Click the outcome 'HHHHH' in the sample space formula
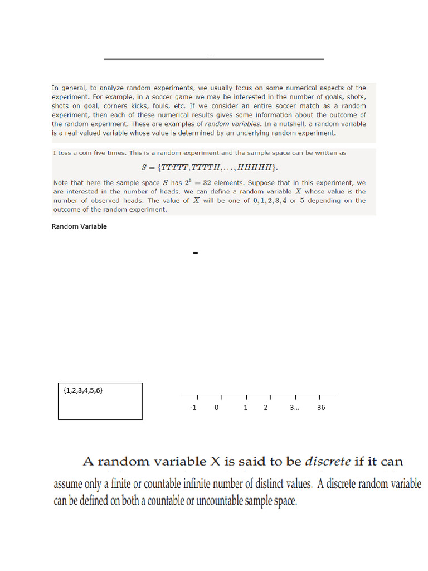(x=257, y=167)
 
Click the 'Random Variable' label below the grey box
(x=79, y=226)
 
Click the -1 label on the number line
(x=193, y=408)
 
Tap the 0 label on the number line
(x=217, y=408)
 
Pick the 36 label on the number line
(x=321, y=408)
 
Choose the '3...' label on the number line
(x=294, y=408)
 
